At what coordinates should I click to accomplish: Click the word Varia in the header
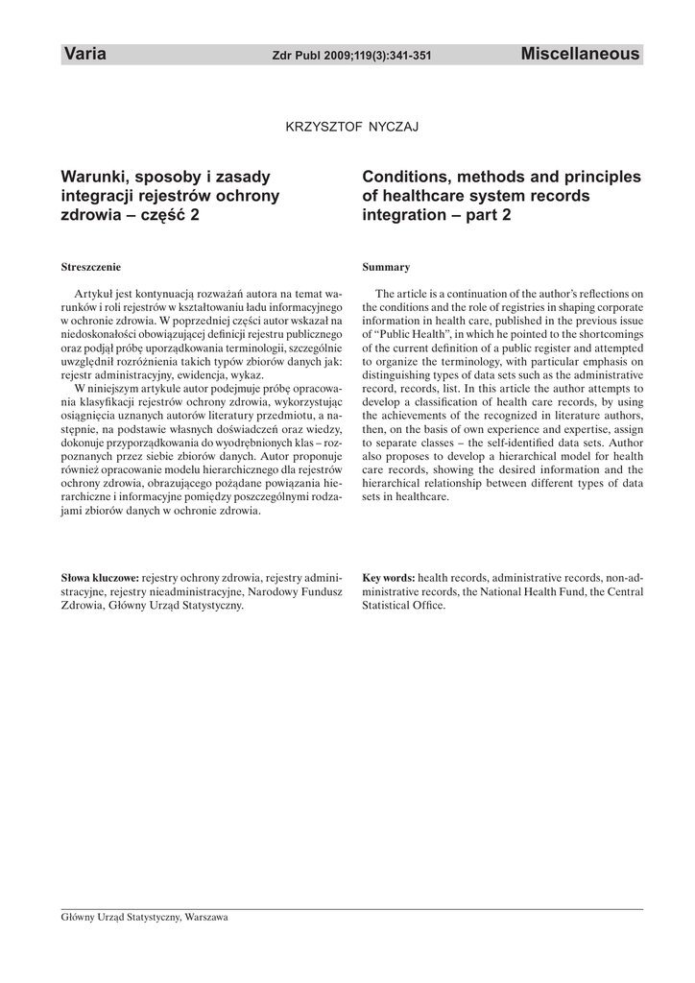84,55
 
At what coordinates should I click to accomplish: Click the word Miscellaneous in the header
580,55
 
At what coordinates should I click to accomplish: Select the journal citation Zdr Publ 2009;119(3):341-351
352,57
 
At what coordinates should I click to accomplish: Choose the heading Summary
386,266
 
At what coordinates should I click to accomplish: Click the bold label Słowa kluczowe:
100,579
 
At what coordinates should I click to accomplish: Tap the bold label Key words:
389,579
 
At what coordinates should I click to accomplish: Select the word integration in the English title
404,215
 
